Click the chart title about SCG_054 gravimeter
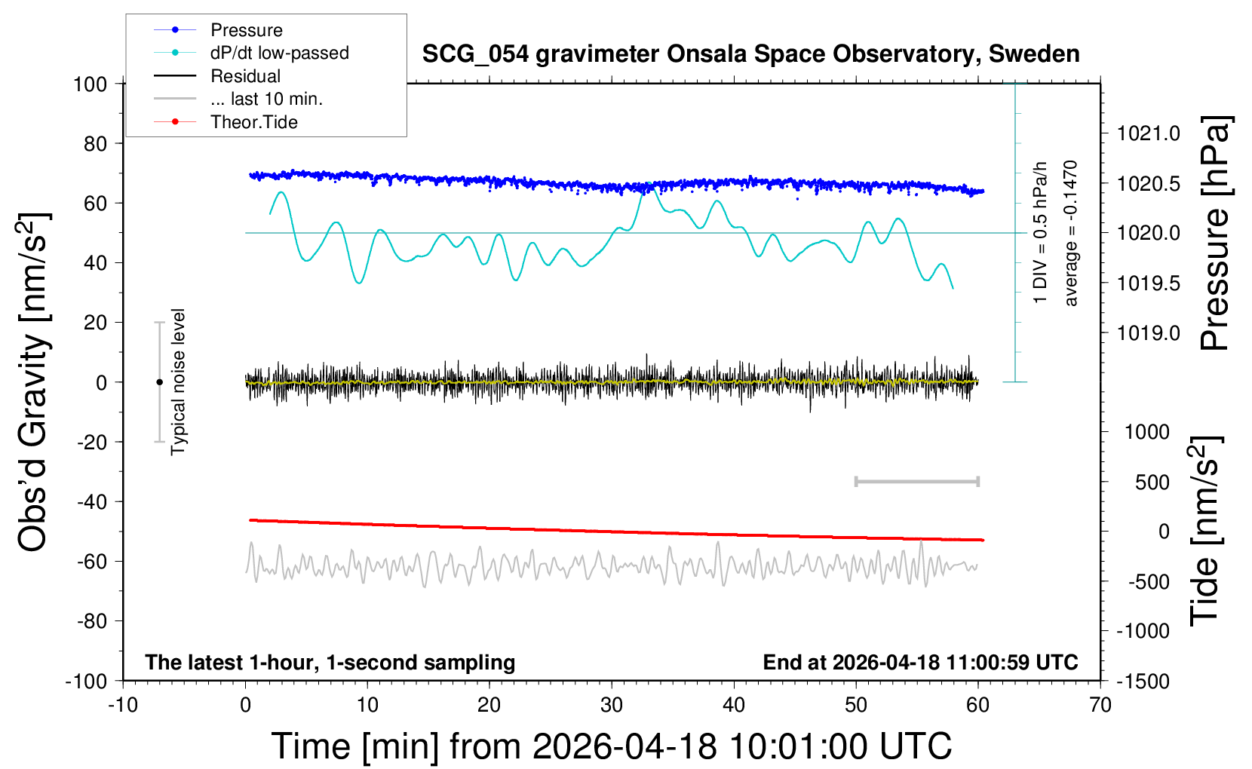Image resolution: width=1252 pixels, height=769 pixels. click(750, 54)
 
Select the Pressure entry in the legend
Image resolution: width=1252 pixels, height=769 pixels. click(246, 30)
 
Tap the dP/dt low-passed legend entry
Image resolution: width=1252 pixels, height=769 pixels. click(279, 53)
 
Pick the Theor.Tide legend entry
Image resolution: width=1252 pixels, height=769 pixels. click(253, 122)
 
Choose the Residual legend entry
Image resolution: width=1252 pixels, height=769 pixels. click(245, 76)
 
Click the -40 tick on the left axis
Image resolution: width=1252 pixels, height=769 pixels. click(92, 501)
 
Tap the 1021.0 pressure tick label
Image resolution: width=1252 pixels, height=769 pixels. click(1149, 133)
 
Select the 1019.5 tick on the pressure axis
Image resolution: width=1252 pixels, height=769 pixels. click(1149, 283)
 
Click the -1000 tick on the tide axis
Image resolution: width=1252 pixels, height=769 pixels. click(1143, 631)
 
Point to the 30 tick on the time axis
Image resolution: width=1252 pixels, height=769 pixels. click(612, 705)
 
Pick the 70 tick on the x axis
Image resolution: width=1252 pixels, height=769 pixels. click(1100, 705)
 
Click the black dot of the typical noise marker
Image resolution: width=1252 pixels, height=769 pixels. click(159, 382)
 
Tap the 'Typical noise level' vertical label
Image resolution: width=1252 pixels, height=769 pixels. click(178, 382)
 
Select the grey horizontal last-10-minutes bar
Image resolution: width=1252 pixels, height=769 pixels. click(916, 481)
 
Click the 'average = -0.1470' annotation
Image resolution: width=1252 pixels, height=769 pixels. click(1070, 233)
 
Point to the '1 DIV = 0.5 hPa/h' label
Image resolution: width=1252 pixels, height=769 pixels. click(1041, 233)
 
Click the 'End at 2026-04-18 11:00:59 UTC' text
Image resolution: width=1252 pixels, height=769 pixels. click(920, 662)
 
